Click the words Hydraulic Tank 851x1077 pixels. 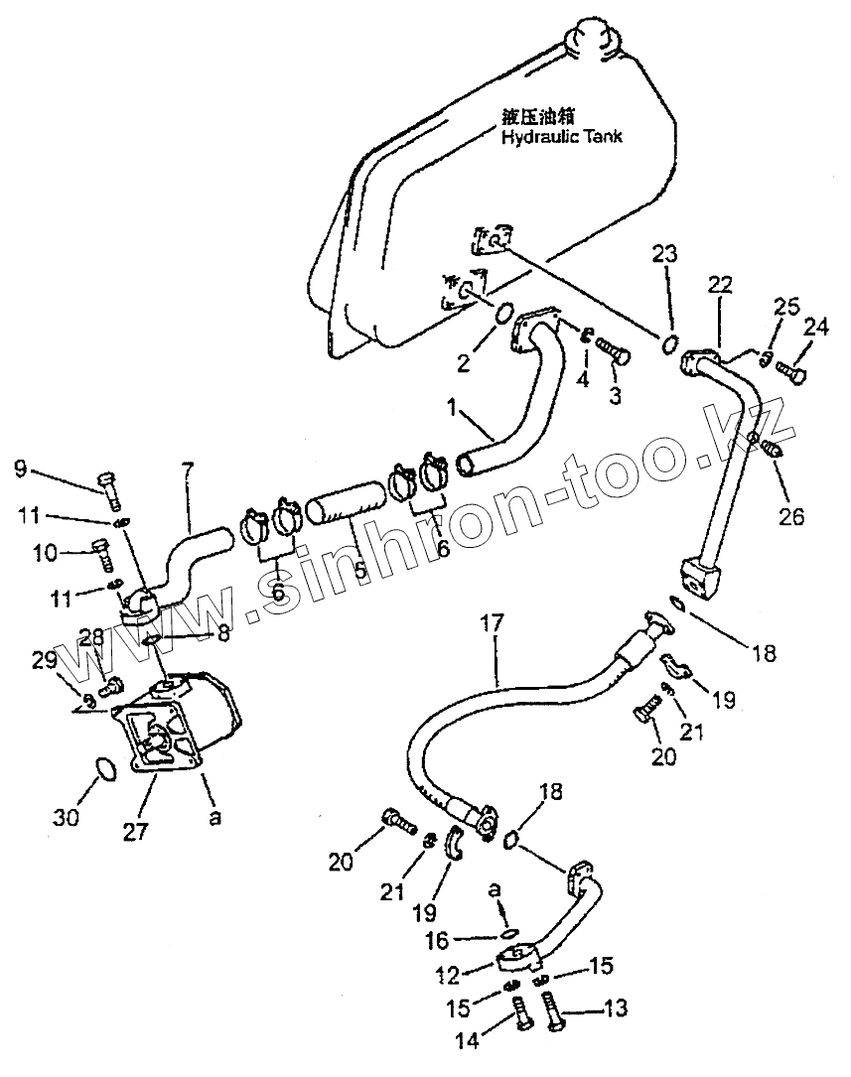click(x=562, y=137)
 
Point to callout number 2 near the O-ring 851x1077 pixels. click(x=464, y=363)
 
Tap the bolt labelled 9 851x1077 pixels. click(x=107, y=484)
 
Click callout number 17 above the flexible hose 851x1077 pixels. click(x=493, y=624)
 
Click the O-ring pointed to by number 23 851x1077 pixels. click(x=671, y=344)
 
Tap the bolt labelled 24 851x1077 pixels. click(x=790, y=373)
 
